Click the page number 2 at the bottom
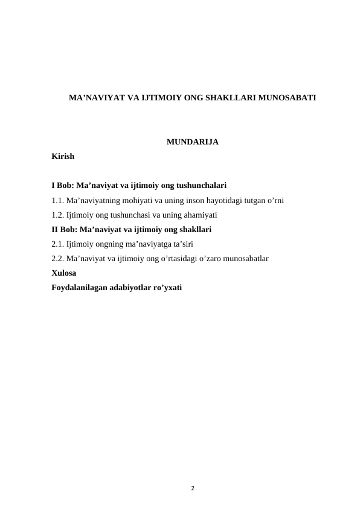point(192,487)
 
